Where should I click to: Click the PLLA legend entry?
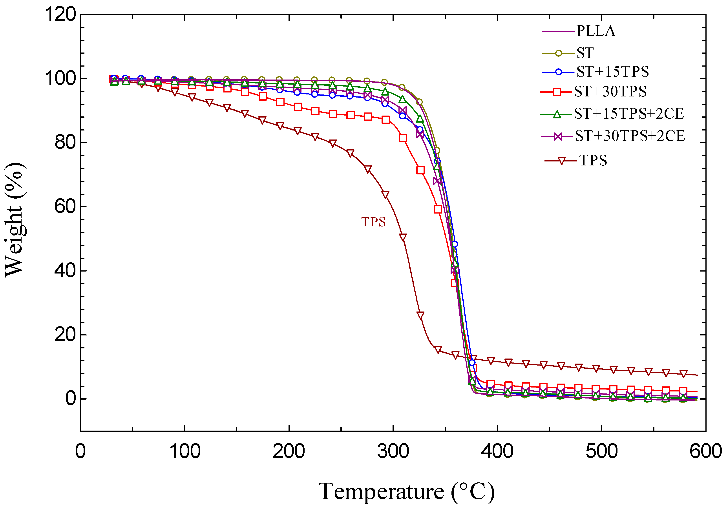point(595,31)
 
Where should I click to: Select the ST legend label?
point(585,53)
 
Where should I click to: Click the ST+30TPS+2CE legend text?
point(630,136)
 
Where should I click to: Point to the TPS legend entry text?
point(593,160)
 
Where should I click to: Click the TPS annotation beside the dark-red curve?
point(373,222)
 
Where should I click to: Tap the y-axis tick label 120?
point(60,14)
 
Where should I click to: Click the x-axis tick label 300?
point(393,451)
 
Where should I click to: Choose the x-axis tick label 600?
point(705,451)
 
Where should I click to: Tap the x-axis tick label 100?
point(185,451)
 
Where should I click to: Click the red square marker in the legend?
point(557,92)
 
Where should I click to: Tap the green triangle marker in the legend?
point(557,114)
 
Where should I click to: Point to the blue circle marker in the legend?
point(559,72)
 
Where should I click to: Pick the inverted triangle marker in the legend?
point(562,161)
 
